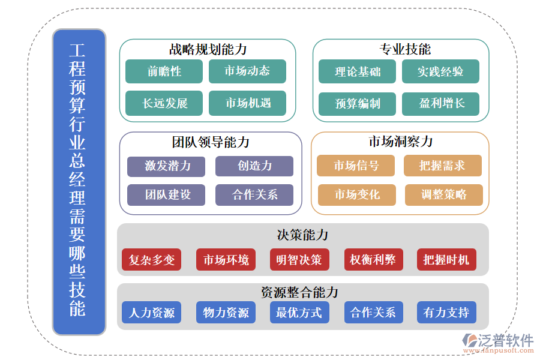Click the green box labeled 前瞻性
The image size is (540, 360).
point(164,71)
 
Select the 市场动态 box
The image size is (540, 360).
point(247,71)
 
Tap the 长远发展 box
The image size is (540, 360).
point(164,103)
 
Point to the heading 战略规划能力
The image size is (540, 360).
point(208,49)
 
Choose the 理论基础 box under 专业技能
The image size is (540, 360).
point(358,71)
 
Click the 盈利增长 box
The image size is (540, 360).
point(441,103)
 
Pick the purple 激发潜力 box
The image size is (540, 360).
point(166,166)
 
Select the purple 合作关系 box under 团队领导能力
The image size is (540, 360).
point(254,194)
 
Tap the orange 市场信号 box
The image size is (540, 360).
point(356,166)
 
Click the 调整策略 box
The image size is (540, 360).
point(443,194)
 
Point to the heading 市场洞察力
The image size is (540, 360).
point(400,142)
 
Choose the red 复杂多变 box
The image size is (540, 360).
point(152,260)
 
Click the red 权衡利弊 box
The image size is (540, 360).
point(373,260)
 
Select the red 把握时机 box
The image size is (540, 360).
point(446,260)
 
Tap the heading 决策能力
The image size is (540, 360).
point(302,235)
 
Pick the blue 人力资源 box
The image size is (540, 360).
point(152,313)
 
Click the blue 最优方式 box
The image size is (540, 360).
point(299,313)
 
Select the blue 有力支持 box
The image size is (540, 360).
point(446,313)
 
